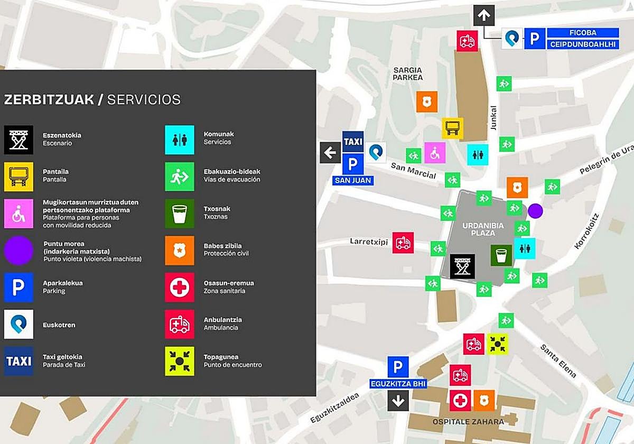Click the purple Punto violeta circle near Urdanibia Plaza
tap(535, 211)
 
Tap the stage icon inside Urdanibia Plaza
tap(462, 266)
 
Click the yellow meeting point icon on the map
tap(497, 344)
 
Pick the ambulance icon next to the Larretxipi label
tap(403, 243)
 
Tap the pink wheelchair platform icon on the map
tap(435, 153)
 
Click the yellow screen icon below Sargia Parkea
tap(452, 128)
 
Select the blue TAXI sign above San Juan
tap(353, 142)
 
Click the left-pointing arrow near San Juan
tap(330, 153)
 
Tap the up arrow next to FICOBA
tap(484, 15)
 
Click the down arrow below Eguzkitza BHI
tap(398, 400)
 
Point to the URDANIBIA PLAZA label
tap(483, 229)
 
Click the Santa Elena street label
tap(558, 360)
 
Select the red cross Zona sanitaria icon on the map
tap(460, 400)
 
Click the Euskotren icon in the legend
tap(18, 324)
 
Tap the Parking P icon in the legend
tap(18, 287)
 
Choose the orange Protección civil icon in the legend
tap(180, 250)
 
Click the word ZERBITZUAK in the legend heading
tap(49, 99)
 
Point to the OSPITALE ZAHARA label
tap(468, 421)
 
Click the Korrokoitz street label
tap(586, 231)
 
